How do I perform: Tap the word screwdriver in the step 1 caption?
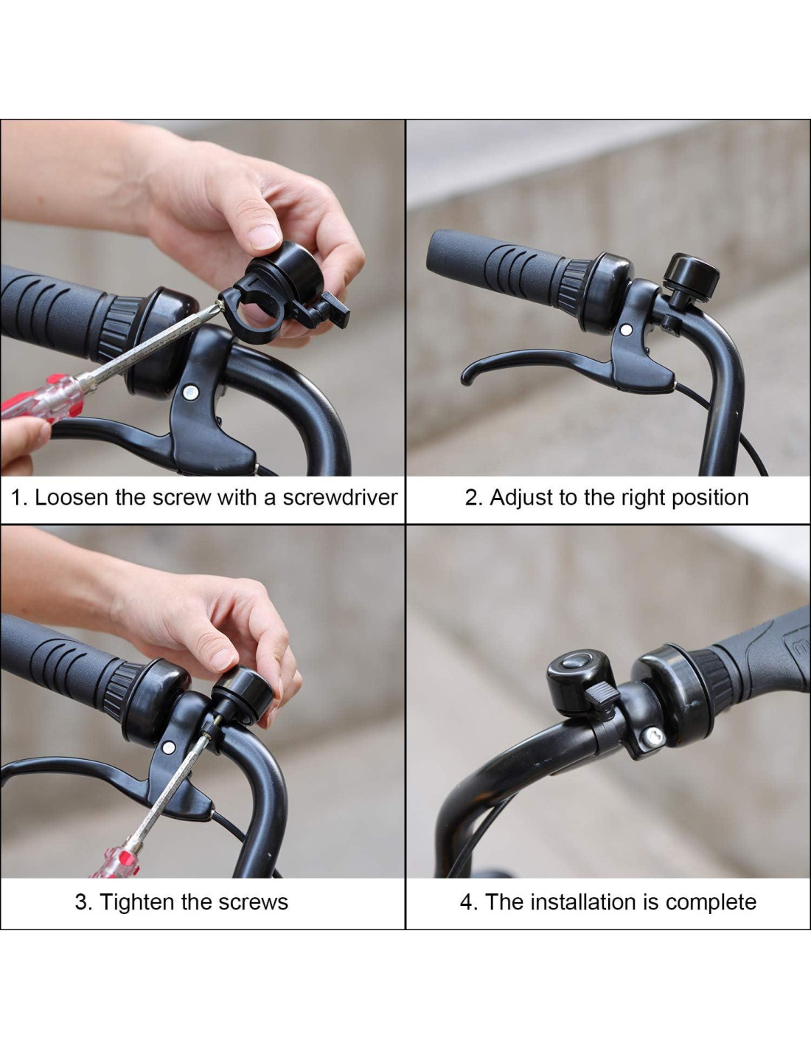coord(340,498)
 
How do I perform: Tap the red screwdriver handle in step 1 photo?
coord(41,400)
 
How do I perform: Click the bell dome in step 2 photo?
coord(692,277)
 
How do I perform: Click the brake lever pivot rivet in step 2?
coord(626,330)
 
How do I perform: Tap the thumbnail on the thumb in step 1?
coord(264,237)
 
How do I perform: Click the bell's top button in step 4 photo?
coord(577,660)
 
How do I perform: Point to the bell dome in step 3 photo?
coord(243,694)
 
